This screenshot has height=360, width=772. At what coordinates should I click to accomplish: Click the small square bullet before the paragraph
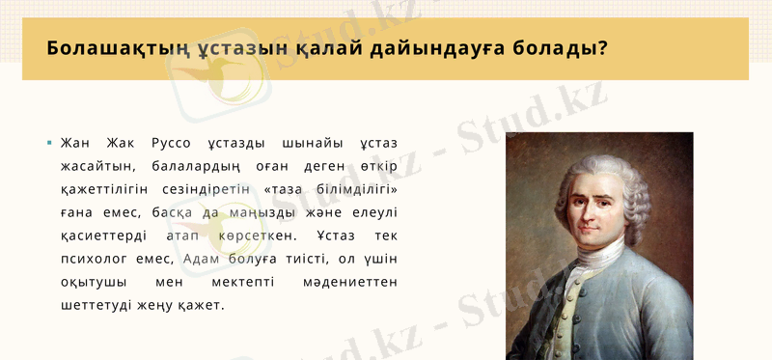tap(49, 144)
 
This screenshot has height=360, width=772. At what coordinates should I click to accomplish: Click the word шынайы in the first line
tap(305, 144)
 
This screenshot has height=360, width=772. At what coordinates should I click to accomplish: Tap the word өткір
tap(378, 167)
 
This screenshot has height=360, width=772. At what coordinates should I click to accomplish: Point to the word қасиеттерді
tap(102, 236)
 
